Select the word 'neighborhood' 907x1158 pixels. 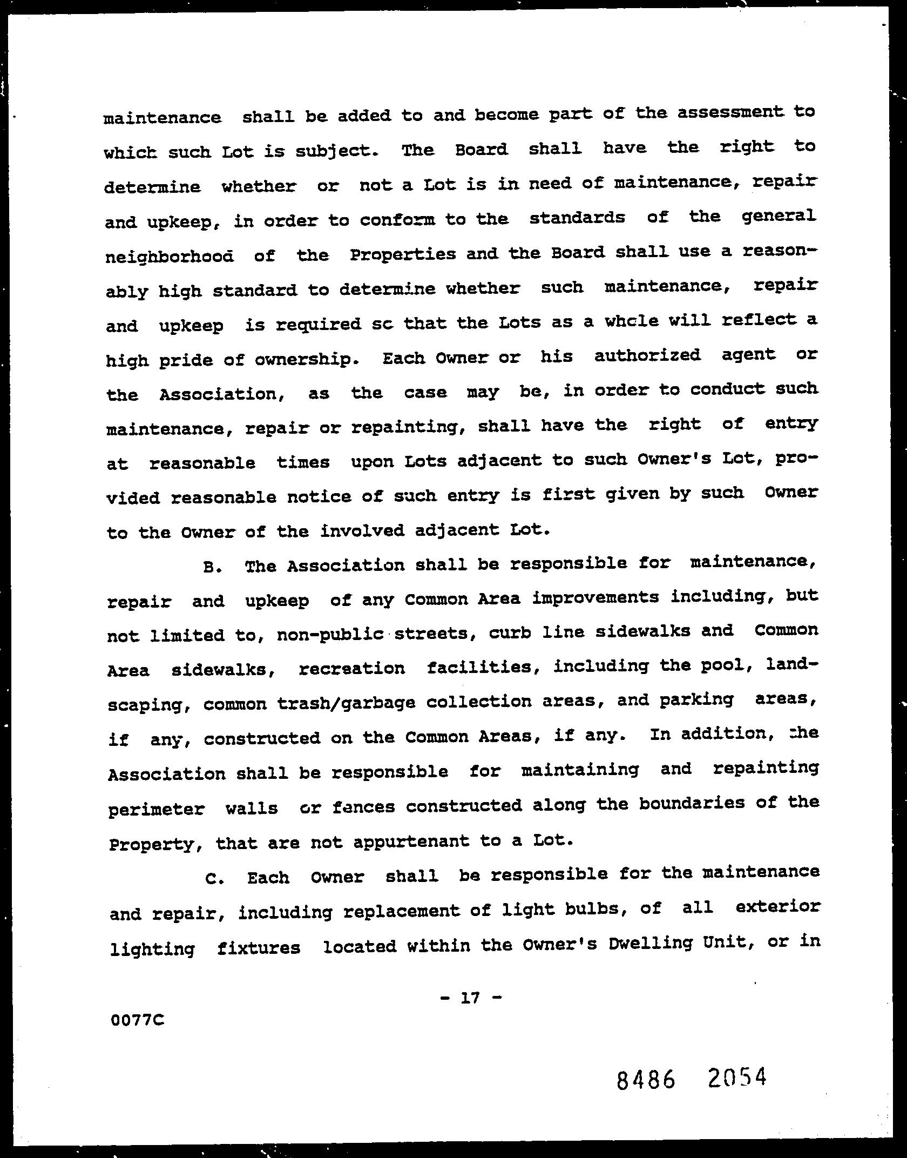click(x=170, y=256)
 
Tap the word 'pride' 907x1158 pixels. click(x=186, y=360)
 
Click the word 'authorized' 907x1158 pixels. click(x=647, y=355)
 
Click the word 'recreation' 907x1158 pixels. click(x=351, y=669)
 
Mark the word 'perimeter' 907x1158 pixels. click(x=156, y=810)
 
